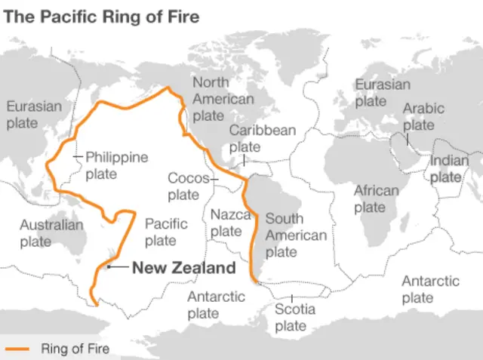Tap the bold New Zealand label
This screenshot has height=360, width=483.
pos(184,268)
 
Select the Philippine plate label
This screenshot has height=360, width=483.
pos(116,165)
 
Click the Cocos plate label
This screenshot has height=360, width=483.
pos(183,186)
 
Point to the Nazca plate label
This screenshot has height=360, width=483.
pos(230,223)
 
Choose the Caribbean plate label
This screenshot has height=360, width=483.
pos(263,138)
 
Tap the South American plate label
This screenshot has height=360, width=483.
pos(294,235)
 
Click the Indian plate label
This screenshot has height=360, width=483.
pos(449,168)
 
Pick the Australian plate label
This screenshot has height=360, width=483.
pos(51,233)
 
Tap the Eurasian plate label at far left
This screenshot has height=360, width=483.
pos(34,114)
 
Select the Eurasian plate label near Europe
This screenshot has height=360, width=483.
pos(383,92)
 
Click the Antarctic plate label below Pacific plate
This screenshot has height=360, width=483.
pos(216,305)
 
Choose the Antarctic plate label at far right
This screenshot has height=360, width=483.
pos(430,289)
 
